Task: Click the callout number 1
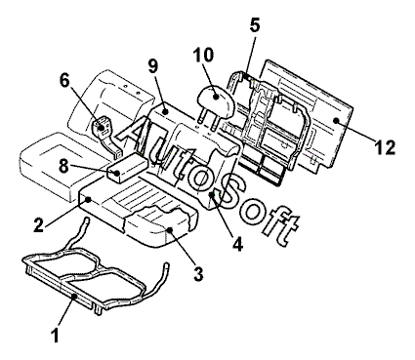(x=56, y=335)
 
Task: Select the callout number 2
(x=39, y=225)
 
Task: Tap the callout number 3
(x=198, y=274)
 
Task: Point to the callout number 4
(x=238, y=244)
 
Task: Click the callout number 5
(x=255, y=25)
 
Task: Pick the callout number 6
(x=64, y=81)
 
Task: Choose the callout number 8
(x=63, y=167)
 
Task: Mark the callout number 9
(x=152, y=65)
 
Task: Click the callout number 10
(x=203, y=55)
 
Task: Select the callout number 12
(x=385, y=147)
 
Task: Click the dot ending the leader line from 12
(x=336, y=120)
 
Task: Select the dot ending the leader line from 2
(x=89, y=198)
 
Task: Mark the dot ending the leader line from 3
(x=170, y=229)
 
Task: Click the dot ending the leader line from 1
(x=74, y=296)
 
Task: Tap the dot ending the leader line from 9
(x=166, y=111)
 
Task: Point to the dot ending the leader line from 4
(x=212, y=194)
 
